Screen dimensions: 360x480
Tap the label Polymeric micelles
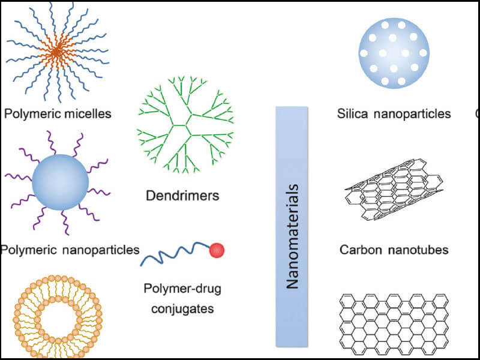point(58,113)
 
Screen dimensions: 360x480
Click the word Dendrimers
point(182,195)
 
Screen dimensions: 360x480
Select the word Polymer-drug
point(182,289)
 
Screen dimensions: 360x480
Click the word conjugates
point(182,309)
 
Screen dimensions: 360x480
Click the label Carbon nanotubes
point(394,250)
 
